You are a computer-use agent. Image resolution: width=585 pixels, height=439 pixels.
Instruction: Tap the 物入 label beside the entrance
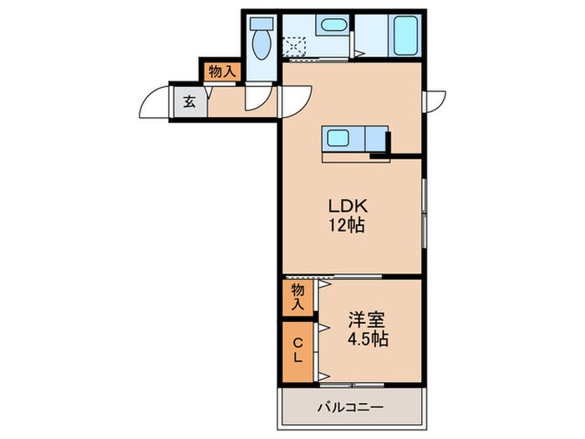[220, 72]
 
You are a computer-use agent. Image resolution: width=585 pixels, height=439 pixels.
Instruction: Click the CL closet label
[297, 349]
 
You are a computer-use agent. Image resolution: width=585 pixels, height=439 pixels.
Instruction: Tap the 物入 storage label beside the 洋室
[297, 296]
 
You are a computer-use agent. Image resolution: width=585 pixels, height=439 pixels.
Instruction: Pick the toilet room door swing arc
[257, 99]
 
